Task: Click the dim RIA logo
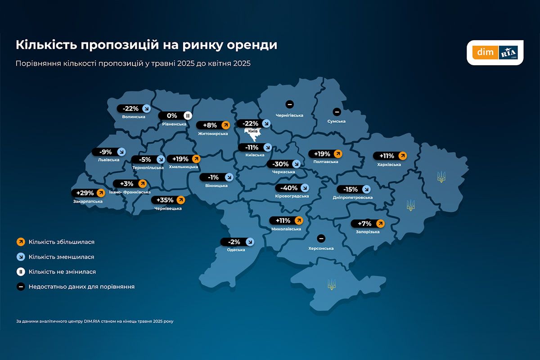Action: [495, 53]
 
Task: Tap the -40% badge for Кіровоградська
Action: [292, 188]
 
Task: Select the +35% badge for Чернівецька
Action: [169, 200]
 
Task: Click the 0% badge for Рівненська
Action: [175, 116]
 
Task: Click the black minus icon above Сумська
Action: [336, 112]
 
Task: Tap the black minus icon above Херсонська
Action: [321, 238]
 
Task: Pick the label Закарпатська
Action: [88, 201]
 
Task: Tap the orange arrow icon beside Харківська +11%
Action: [403, 156]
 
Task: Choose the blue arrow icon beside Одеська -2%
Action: [250, 242]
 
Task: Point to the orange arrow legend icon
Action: [20, 242]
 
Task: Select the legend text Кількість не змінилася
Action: [62, 272]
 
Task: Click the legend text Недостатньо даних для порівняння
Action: [81, 286]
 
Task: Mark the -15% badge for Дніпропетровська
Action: [354, 189]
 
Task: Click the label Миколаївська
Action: [286, 229]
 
